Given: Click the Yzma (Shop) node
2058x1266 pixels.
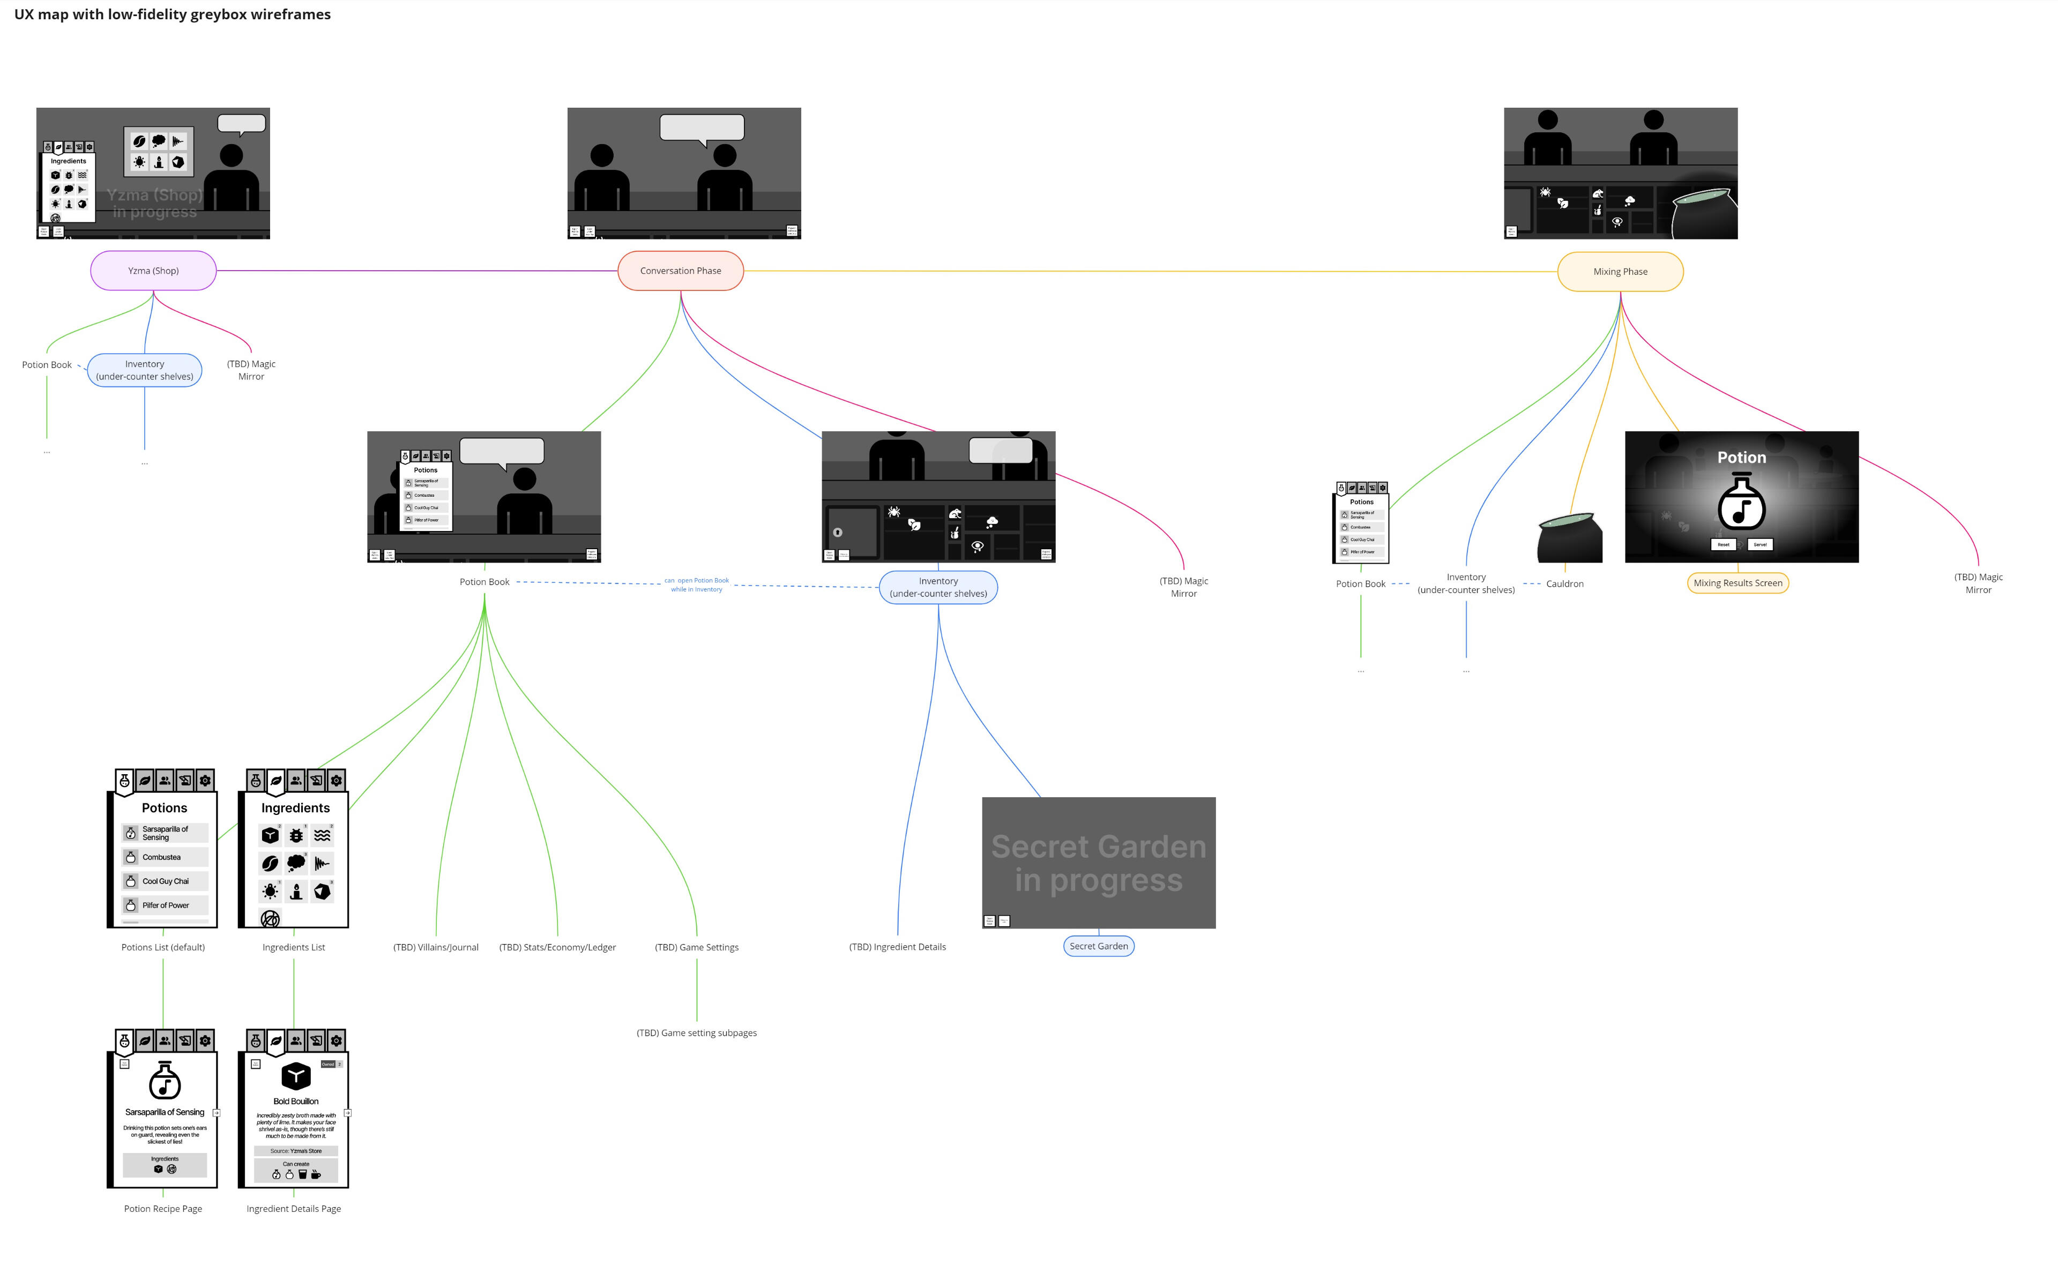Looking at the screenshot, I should [153, 271].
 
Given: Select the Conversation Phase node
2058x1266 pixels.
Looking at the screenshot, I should [680, 271].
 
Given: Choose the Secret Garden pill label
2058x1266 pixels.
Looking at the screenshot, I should [1098, 946].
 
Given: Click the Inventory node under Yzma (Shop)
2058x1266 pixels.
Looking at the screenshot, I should [144, 370].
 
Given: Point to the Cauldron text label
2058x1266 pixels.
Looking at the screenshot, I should [1564, 583].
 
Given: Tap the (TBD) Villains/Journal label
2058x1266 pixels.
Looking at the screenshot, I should [436, 947].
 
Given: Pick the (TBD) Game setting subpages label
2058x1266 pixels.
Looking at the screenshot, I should [696, 1032].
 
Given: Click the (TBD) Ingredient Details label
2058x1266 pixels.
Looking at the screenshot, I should [897, 946].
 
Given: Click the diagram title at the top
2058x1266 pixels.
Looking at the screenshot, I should [173, 14].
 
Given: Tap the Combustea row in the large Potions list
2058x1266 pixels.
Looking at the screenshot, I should [164, 857].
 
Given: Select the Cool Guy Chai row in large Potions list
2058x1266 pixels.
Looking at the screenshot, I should [164, 881].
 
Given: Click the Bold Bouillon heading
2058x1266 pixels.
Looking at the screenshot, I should [296, 1101].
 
